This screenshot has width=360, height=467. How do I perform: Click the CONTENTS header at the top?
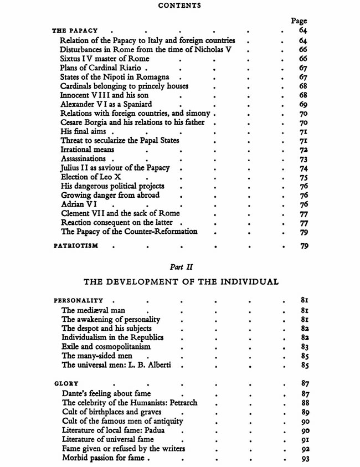click(179, 6)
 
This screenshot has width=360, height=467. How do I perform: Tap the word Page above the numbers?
click(299, 21)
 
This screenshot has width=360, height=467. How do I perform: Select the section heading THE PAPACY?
click(75, 31)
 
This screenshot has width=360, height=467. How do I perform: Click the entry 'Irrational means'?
click(88, 150)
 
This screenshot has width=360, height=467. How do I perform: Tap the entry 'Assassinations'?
click(84, 159)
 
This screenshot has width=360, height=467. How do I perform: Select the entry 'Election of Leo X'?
click(91, 177)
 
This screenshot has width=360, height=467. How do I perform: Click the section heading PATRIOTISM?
click(75, 246)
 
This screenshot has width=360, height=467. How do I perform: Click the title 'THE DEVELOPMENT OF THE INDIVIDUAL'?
click(181, 282)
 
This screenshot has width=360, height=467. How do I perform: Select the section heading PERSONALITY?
click(79, 301)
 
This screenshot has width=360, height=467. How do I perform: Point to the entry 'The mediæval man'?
click(93, 310)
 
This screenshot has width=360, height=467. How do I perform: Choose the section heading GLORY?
click(66, 383)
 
